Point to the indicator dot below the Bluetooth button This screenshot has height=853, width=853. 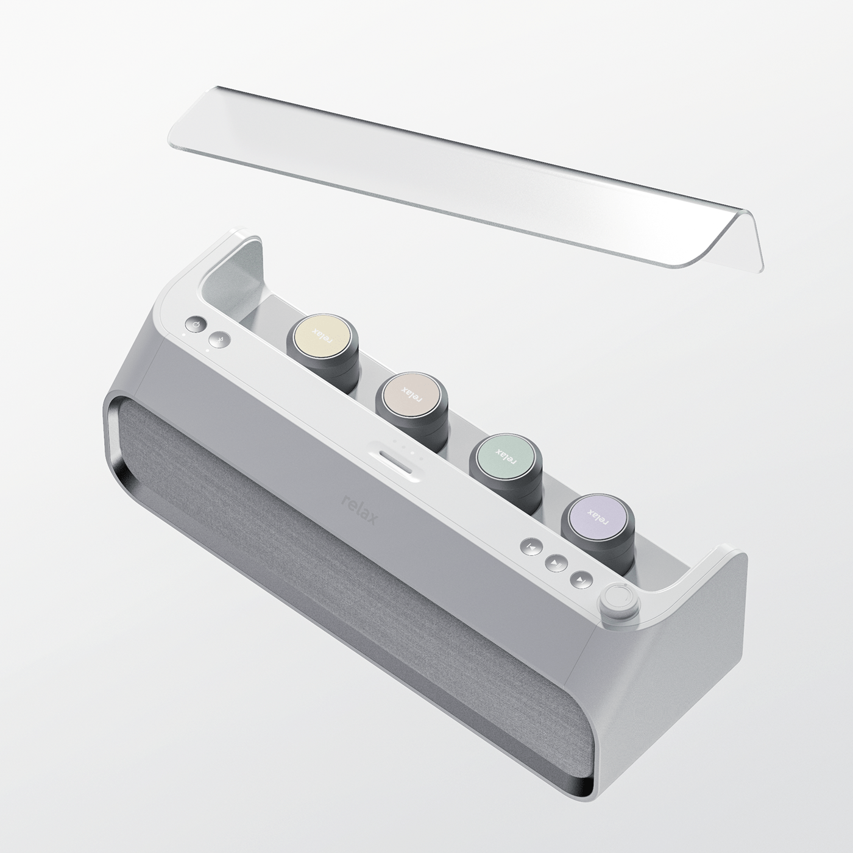pos(207,350)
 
